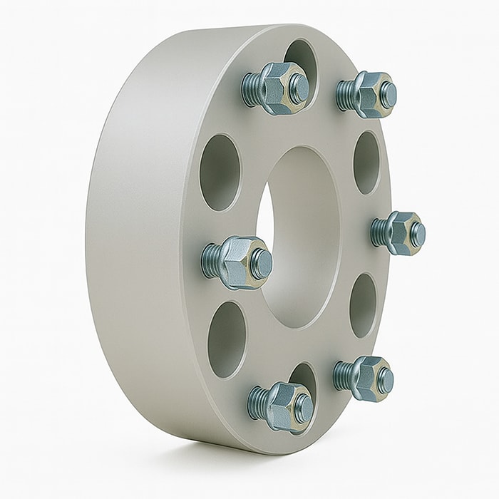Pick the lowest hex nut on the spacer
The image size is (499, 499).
click(x=285, y=405)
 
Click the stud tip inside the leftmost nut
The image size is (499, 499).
click(x=262, y=264)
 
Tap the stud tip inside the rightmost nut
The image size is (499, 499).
click(x=418, y=235)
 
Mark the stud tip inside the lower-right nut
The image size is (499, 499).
click(x=385, y=380)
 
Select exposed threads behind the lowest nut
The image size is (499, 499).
click(x=257, y=402)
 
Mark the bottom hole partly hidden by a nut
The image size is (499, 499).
click(x=304, y=376)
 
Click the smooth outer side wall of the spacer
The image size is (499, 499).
click(x=135, y=235)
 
